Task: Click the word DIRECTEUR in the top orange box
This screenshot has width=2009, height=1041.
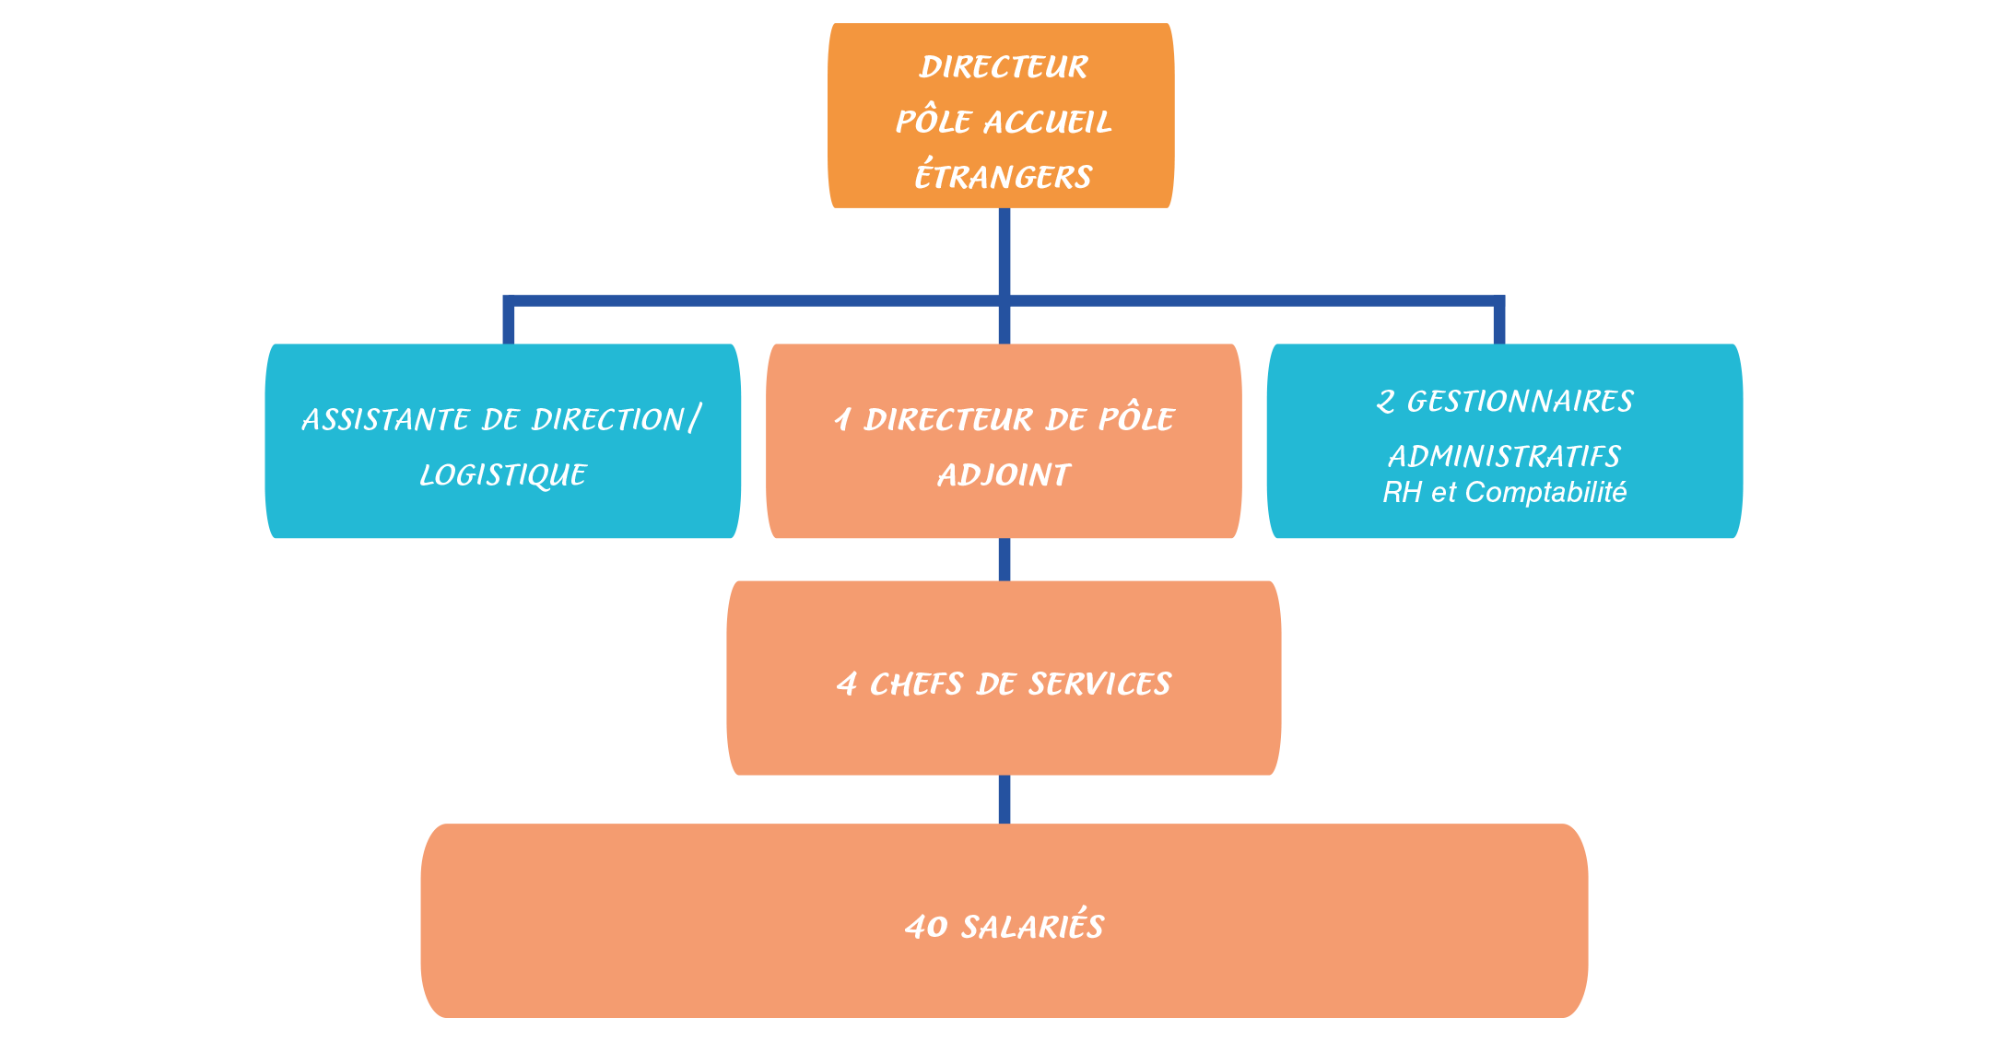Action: click(1004, 67)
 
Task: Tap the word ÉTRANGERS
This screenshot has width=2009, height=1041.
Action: click(1004, 176)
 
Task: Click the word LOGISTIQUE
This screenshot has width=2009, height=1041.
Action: click(503, 475)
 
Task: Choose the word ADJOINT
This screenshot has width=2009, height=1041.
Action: click(1004, 475)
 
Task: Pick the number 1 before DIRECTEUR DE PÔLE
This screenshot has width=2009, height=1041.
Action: click(842, 420)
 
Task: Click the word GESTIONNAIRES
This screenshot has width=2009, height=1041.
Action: click(1521, 402)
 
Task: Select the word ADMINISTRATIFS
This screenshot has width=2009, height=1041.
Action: click(1504, 456)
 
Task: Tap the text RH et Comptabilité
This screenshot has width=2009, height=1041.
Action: click(1504, 493)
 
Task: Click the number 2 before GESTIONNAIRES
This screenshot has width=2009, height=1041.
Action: click(1385, 402)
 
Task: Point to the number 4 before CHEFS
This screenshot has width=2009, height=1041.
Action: click(846, 684)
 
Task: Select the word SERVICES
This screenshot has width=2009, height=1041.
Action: click(1099, 684)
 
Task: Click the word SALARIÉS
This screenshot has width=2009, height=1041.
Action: click(1032, 927)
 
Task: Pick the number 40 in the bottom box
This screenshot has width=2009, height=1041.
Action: click(926, 927)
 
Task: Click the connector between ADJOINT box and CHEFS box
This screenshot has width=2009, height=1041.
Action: click(1004, 559)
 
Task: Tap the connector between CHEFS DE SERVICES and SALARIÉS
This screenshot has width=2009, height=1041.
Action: click(1004, 799)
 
